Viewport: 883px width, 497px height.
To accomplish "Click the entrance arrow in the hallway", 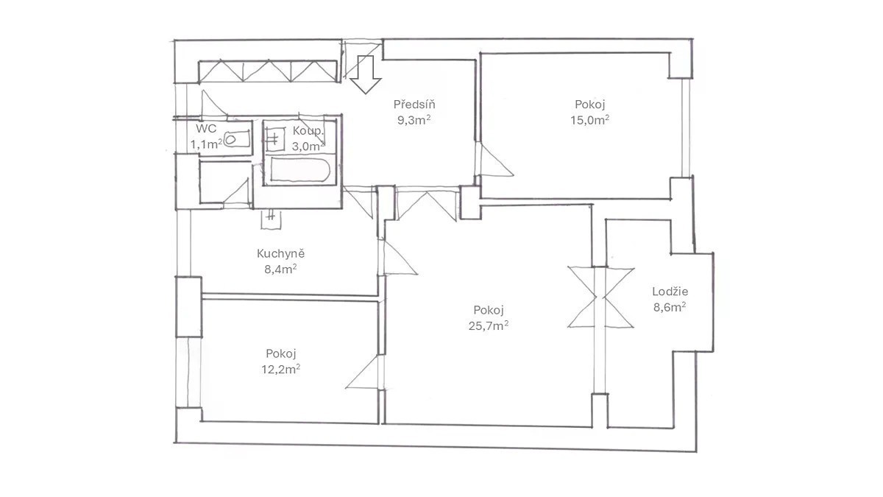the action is pos(366,74).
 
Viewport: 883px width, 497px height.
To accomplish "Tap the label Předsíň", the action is pos(414,105).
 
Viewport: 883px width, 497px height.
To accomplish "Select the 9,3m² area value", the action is pos(414,120).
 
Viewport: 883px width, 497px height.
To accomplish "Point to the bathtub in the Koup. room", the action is pos(300,170).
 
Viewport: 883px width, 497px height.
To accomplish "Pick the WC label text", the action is pos(206,128).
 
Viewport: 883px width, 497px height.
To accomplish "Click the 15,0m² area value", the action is pos(589,120).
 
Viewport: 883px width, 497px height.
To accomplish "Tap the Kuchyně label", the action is pos(280,253).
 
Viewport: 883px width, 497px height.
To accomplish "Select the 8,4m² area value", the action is pos(280,269).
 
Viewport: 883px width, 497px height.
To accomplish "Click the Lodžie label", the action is pos(670,292).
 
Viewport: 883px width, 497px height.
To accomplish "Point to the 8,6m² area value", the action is pos(670,307).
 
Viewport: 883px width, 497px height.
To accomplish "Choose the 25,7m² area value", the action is pos(489,325).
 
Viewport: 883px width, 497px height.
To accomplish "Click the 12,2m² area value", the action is pos(280,369).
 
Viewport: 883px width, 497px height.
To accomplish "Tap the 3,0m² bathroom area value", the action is pos(308,147).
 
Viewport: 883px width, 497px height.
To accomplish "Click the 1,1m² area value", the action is pos(207,144).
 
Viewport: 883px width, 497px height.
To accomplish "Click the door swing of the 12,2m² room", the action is pos(364,373).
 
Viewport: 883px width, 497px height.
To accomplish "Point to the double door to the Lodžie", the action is pos(600,297).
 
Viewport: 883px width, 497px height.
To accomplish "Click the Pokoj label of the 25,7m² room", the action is pos(489,310).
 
